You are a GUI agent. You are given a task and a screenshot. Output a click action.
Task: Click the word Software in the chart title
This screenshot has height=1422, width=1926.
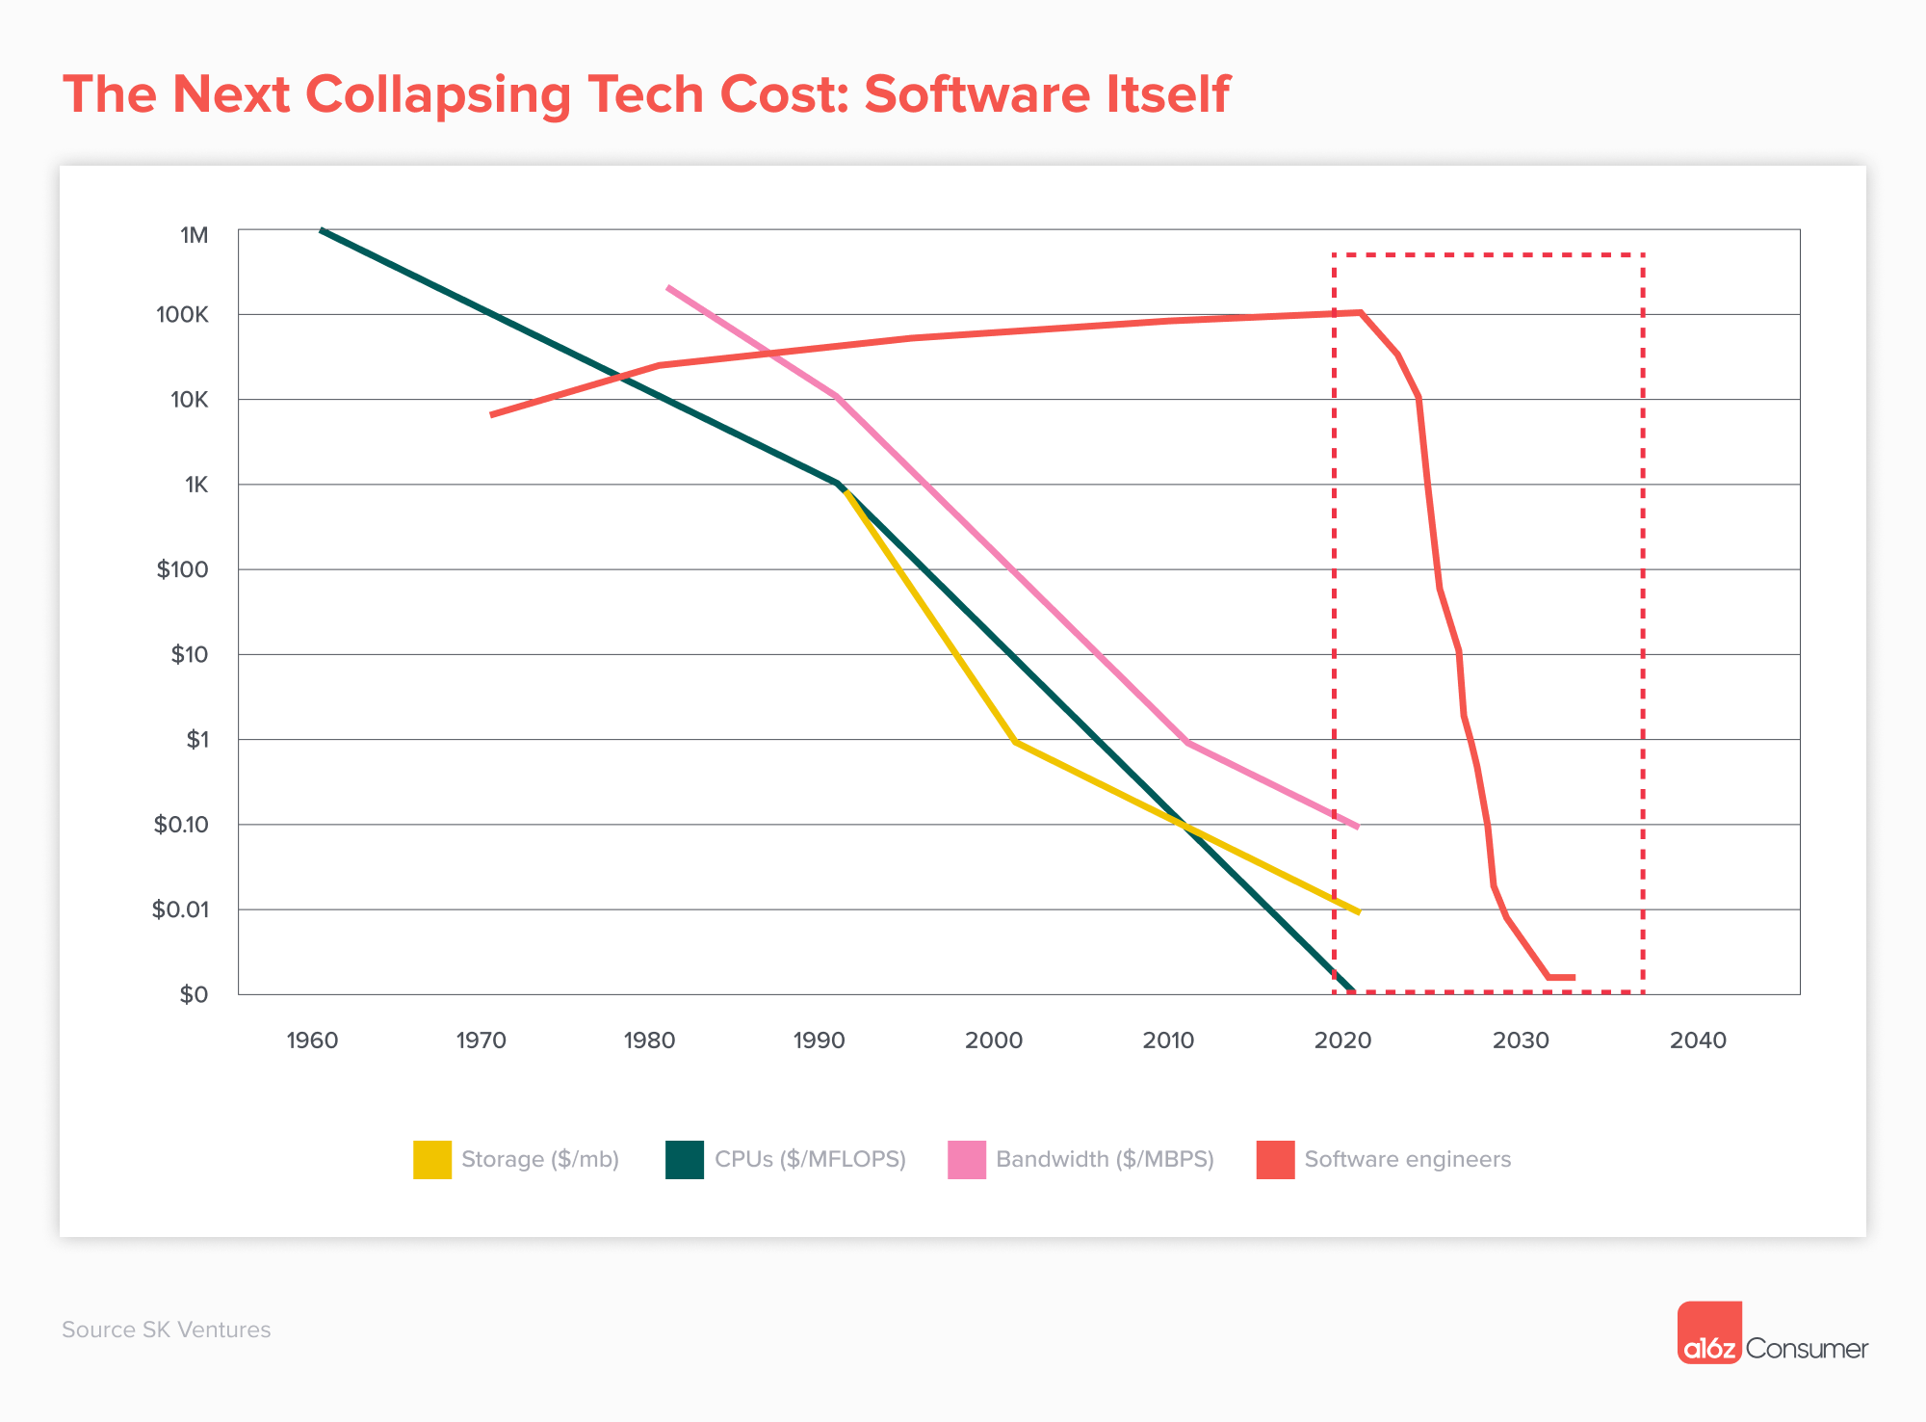(976, 94)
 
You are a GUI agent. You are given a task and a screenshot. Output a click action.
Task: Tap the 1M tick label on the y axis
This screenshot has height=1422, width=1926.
(194, 235)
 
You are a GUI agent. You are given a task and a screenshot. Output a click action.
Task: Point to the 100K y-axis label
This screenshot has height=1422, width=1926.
(182, 315)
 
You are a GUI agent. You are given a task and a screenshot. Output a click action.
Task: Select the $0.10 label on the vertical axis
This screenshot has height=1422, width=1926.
(181, 825)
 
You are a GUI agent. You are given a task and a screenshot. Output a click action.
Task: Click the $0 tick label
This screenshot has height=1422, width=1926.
(194, 994)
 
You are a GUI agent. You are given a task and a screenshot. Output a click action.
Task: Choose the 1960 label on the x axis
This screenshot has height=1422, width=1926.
(312, 1040)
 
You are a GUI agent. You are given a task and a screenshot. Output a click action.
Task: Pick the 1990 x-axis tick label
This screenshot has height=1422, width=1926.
(819, 1040)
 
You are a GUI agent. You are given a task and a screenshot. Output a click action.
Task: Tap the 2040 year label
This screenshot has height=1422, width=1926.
(1698, 1040)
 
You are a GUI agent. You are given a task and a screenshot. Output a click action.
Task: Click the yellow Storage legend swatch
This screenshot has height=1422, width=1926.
(432, 1159)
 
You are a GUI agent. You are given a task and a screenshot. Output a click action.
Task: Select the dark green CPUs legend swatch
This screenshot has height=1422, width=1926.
(685, 1159)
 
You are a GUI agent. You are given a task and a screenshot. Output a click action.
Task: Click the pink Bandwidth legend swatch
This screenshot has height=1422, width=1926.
(967, 1159)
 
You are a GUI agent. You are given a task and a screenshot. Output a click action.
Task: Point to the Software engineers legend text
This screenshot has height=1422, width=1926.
(1407, 1159)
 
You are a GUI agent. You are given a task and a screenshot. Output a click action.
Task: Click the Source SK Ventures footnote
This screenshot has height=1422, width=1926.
(167, 1330)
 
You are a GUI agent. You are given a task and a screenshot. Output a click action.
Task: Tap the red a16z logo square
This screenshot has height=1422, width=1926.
(1709, 1332)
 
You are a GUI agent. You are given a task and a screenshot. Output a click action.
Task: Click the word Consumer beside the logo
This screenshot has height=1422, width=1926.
(1807, 1349)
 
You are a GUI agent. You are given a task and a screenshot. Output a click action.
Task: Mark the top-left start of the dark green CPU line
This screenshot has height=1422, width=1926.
(323, 231)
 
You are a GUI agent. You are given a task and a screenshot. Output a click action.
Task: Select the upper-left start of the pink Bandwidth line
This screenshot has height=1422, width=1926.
(668, 288)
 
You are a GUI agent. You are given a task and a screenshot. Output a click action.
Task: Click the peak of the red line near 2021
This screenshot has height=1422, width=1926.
(1360, 312)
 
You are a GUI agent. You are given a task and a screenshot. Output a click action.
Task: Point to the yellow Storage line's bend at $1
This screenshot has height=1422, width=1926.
(1015, 742)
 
